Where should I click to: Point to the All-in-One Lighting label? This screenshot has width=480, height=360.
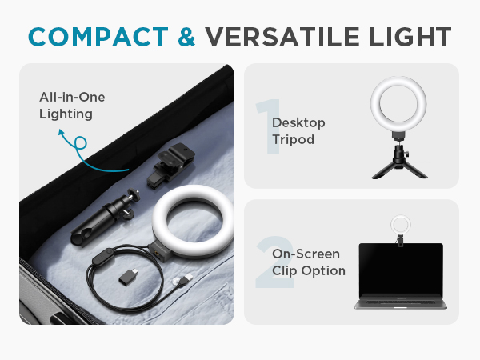click(x=72, y=106)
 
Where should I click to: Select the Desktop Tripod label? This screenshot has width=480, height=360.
click(x=298, y=130)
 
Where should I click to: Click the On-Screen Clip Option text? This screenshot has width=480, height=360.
click(x=309, y=262)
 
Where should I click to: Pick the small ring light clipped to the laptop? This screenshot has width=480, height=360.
click(x=399, y=224)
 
